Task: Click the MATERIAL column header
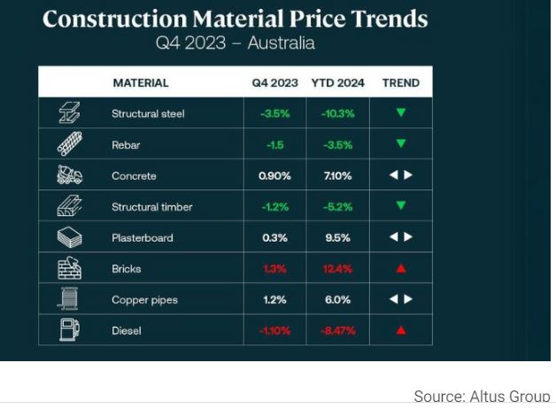coord(140,83)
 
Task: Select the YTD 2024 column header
coord(338,83)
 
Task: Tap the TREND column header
coord(400,83)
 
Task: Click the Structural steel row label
coord(148,113)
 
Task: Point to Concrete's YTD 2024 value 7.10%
coord(338,175)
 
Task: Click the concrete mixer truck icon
coord(70,175)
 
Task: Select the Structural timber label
coord(151,207)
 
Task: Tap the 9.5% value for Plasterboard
coord(338,237)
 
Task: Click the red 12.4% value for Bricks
coord(338,268)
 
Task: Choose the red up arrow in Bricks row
coord(400,269)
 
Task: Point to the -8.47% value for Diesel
coord(338,331)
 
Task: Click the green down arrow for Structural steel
coord(400,113)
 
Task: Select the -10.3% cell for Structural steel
coord(338,113)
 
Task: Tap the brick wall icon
coord(70,268)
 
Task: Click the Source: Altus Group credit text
coord(482,396)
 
